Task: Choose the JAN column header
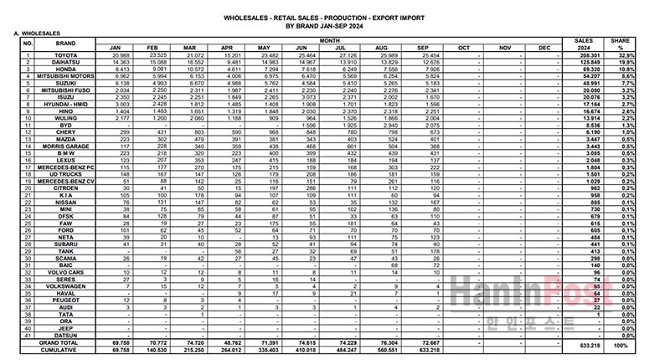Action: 116,48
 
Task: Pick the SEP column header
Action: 430,48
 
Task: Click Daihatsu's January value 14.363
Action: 116,61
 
